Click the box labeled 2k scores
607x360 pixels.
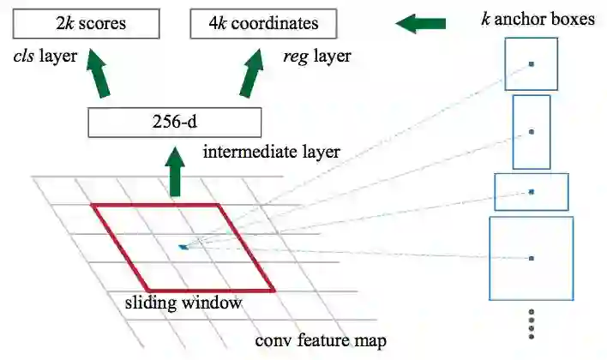pyautogui.click(x=87, y=23)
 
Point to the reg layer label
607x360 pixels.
pyautogui.click(x=317, y=58)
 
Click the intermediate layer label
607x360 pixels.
pyautogui.click(x=272, y=153)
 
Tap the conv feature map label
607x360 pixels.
pyautogui.click(x=321, y=341)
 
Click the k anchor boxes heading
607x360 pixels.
pyautogui.click(x=538, y=18)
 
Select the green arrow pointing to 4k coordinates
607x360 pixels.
pyautogui.click(x=252, y=73)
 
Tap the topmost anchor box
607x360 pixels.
pyautogui.click(x=532, y=63)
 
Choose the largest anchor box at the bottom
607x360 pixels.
pyautogui.click(x=532, y=257)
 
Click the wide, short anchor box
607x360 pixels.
pyautogui.click(x=532, y=191)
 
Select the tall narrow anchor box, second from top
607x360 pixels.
pyautogui.click(x=532, y=132)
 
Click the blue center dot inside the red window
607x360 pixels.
pyautogui.click(x=183, y=247)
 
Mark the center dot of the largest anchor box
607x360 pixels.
pyautogui.click(x=532, y=257)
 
